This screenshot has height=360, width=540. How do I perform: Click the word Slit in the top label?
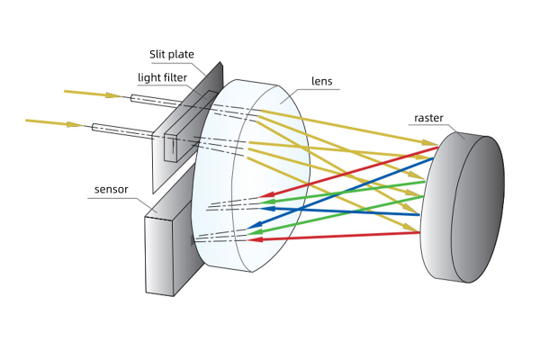157,53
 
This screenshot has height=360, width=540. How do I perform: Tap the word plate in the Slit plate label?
180,53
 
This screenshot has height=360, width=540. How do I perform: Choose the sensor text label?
112,190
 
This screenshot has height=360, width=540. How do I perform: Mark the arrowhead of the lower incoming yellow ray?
75,123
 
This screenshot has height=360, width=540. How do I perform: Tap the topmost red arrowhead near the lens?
265,195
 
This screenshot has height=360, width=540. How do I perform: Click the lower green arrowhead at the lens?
256,232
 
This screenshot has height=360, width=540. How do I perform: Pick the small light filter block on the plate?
171,147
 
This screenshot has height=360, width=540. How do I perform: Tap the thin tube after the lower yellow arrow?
117,129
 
